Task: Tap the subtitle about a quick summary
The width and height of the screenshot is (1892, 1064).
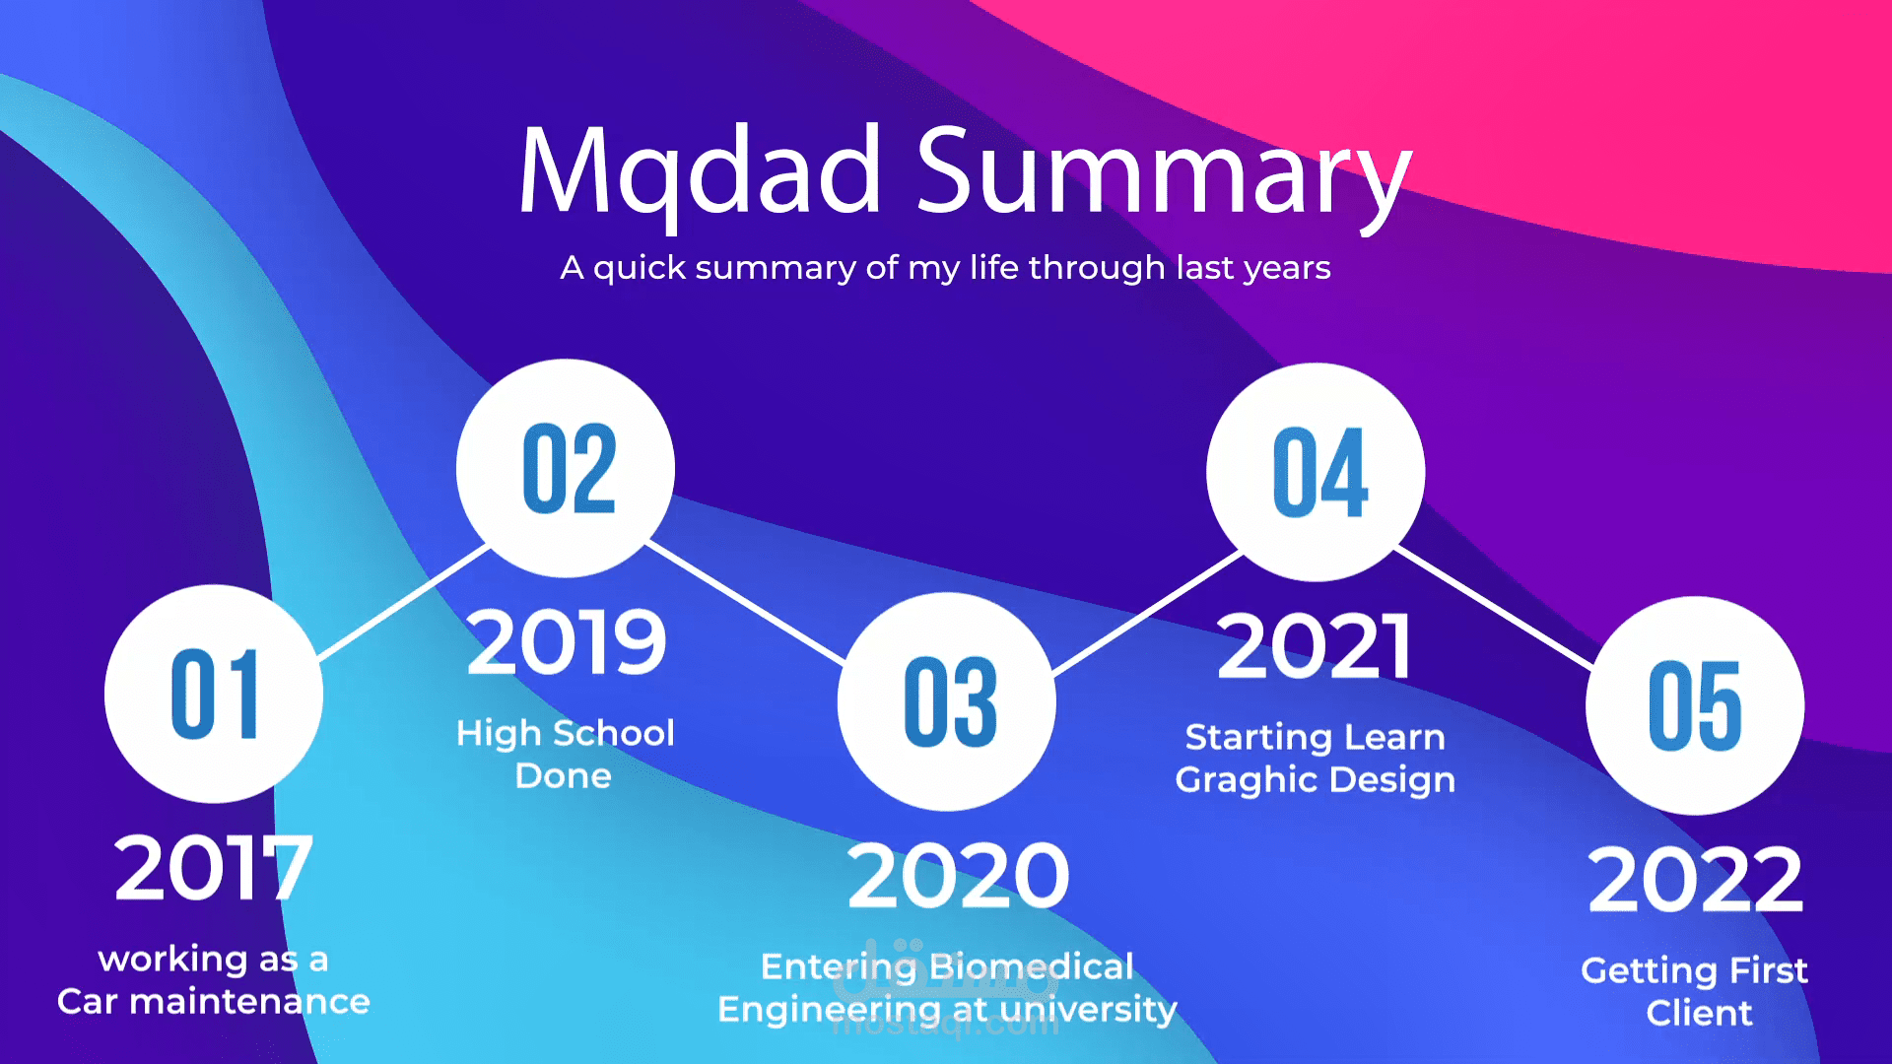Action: [x=945, y=268]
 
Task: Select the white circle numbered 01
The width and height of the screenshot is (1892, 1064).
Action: [x=214, y=694]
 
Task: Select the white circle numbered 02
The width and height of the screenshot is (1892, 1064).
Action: [x=566, y=468]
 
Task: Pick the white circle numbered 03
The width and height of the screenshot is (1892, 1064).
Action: [x=947, y=701]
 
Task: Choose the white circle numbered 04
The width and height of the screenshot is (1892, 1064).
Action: [x=1316, y=472]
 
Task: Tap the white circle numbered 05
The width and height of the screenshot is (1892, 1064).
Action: [x=1695, y=705]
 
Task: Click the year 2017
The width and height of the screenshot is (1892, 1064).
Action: [x=214, y=868]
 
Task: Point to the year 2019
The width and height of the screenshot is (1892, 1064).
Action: [x=567, y=642]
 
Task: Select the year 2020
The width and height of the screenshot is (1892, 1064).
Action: [x=958, y=876]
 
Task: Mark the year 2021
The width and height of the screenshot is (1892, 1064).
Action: [x=1315, y=646]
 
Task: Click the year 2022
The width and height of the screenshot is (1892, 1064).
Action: [x=1696, y=880]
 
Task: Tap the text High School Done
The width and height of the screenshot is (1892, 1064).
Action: [x=566, y=754]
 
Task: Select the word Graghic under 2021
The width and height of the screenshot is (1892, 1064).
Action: [x=1247, y=780]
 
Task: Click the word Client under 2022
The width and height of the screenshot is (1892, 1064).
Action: [x=1700, y=1013]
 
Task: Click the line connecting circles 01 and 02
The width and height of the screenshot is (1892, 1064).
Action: [x=404, y=603]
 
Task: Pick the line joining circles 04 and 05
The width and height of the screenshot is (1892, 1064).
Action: [x=1495, y=609]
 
